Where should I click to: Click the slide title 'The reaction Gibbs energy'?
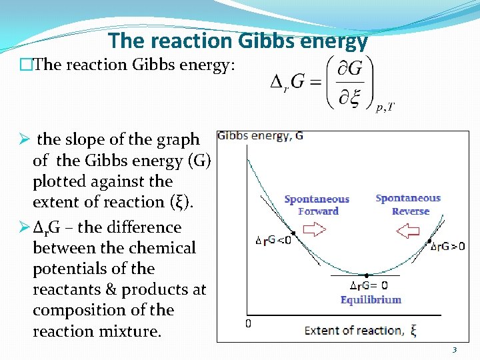[x=238, y=41]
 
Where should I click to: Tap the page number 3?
[x=454, y=350]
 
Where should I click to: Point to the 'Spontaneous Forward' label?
[x=317, y=205]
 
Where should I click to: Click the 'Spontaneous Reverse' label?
[x=408, y=204]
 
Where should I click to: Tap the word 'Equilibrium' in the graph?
[x=371, y=299]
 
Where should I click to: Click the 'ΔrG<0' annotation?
[x=273, y=240]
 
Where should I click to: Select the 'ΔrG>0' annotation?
[x=447, y=246]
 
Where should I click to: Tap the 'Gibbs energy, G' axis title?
[x=260, y=136]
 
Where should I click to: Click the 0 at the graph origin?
[x=247, y=324]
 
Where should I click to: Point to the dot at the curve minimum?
[x=366, y=275]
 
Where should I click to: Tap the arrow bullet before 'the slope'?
[x=23, y=139]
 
